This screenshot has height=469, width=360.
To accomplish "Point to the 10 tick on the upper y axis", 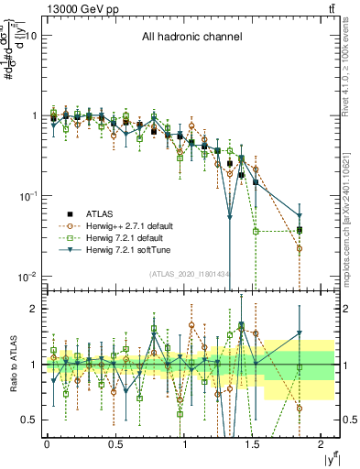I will pos(31,36).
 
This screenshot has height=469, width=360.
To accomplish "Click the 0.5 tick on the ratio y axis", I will pos(27,420).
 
